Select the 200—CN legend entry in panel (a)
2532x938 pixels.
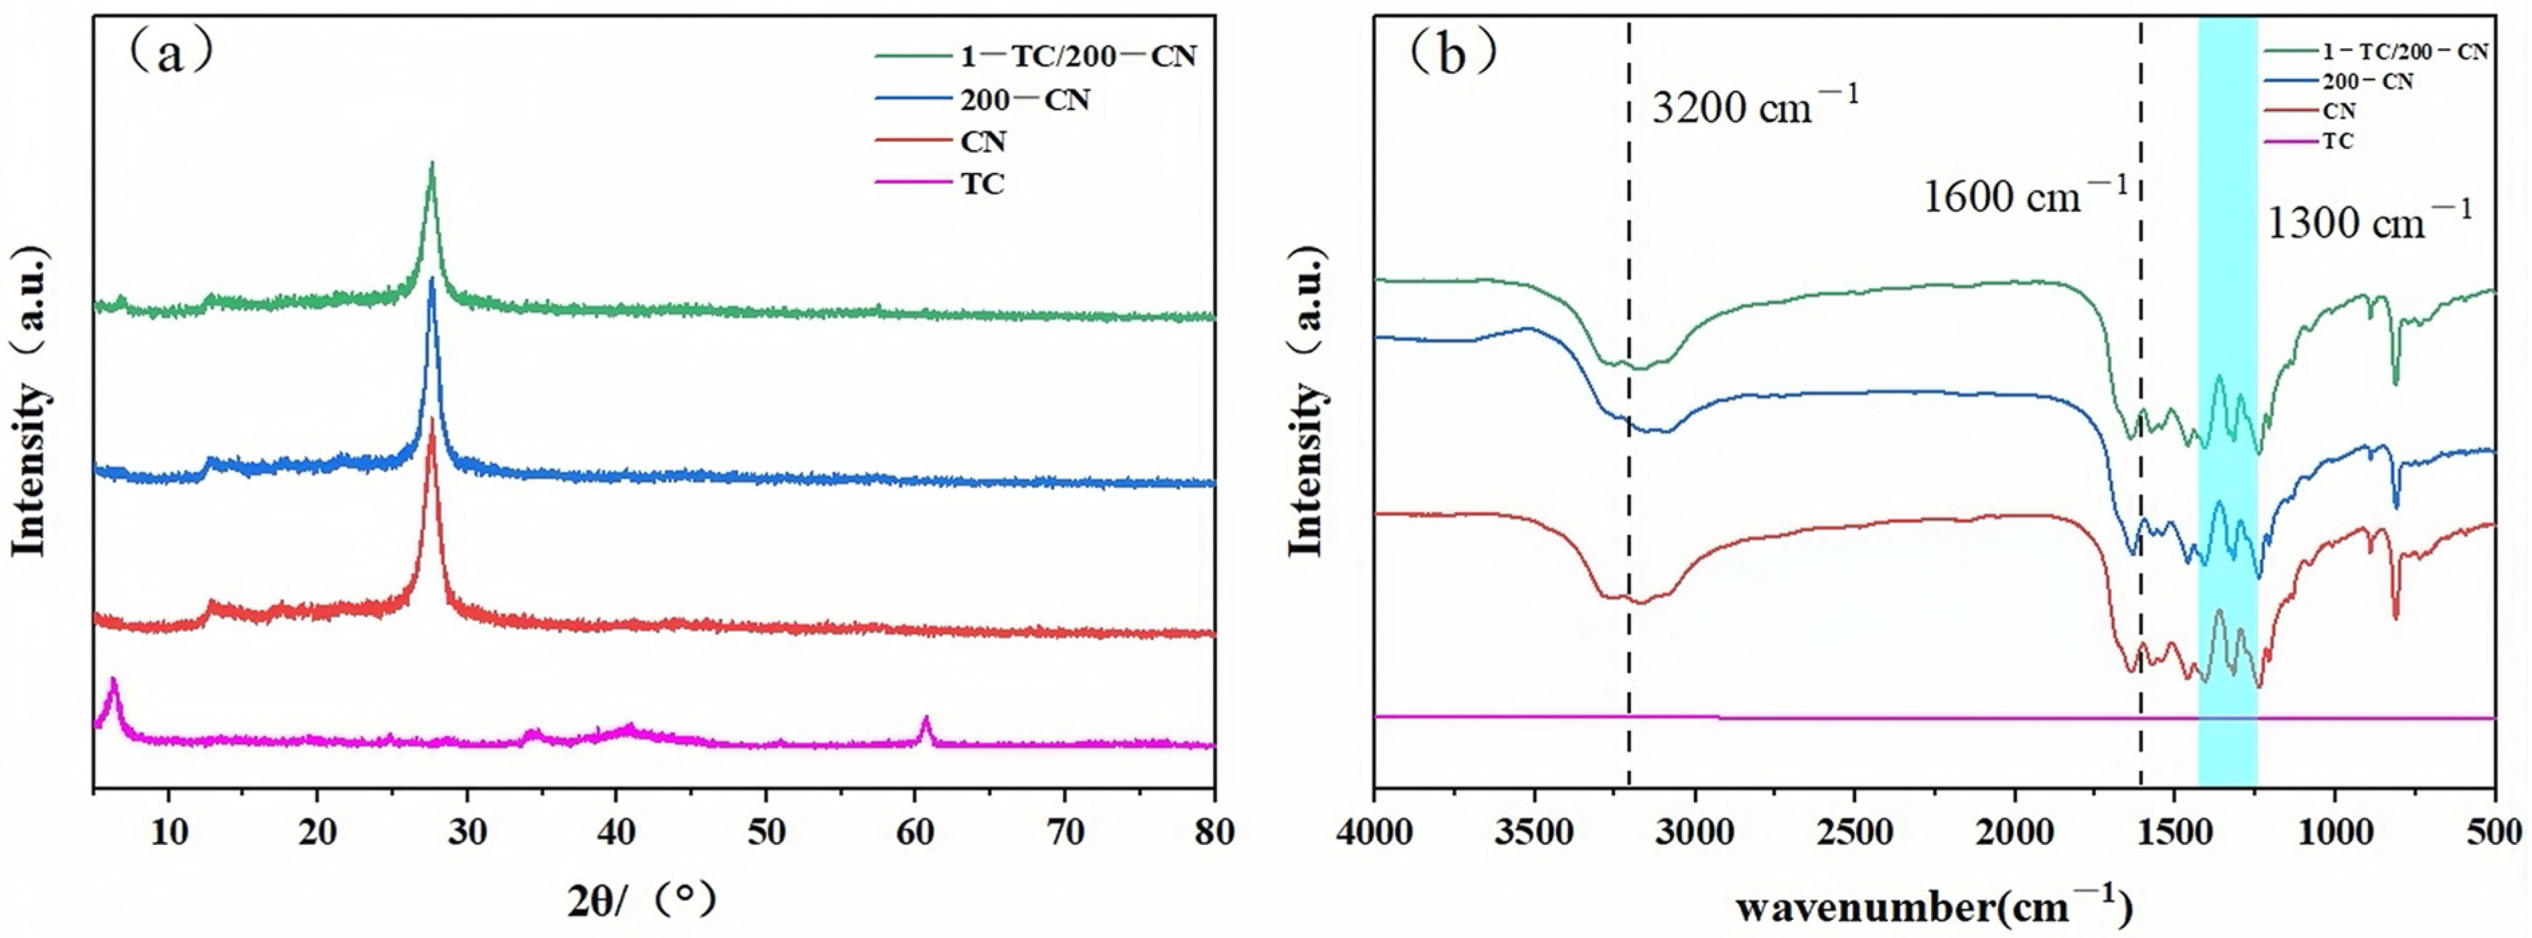coord(1024,99)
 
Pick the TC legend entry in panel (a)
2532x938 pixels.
coord(982,184)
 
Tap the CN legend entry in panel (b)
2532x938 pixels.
coord(2338,111)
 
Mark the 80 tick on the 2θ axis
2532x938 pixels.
coord(1215,833)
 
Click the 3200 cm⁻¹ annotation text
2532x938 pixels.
coord(1754,106)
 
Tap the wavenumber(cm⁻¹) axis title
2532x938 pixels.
coord(1933,906)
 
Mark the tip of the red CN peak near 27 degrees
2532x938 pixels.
coord(431,421)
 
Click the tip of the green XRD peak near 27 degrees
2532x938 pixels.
coord(431,163)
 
